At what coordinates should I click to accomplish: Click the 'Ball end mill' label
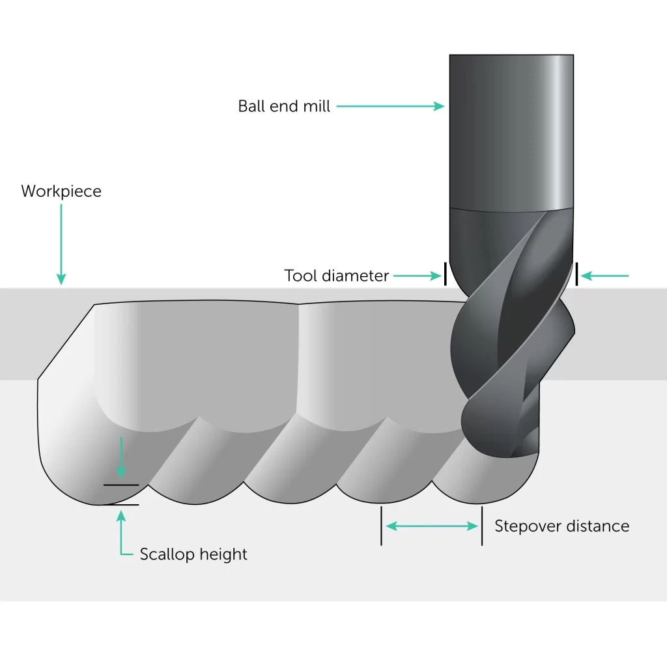click(x=284, y=106)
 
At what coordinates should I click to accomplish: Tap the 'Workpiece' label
click(x=61, y=192)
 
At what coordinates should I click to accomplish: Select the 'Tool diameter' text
click(x=336, y=276)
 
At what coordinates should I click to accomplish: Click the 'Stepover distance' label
click(x=561, y=526)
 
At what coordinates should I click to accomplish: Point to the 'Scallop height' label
click(x=193, y=555)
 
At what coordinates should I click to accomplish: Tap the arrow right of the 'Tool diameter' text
click(x=417, y=276)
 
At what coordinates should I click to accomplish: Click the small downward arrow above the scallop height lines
click(x=121, y=460)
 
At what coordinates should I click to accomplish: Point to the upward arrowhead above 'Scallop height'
click(x=121, y=517)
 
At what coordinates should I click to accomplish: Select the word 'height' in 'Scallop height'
click(x=225, y=555)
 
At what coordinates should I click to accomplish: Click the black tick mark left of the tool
click(x=446, y=274)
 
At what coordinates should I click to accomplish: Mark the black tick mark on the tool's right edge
click(x=576, y=274)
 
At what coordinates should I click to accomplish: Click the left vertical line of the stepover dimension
click(x=382, y=526)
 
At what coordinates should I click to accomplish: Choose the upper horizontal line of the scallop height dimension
click(x=121, y=485)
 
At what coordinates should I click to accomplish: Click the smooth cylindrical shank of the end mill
click(x=511, y=130)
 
